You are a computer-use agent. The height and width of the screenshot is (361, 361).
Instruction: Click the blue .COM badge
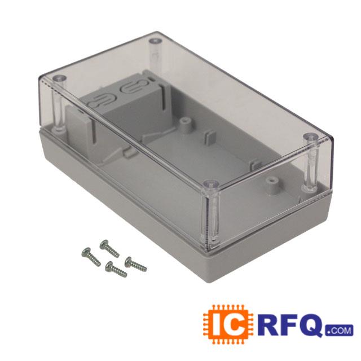[339, 331]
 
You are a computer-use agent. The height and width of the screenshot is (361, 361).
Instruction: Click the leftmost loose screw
[91, 257]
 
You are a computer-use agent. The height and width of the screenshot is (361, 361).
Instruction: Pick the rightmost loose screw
[135, 264]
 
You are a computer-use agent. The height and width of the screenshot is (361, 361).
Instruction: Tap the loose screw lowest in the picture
[116, 270]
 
